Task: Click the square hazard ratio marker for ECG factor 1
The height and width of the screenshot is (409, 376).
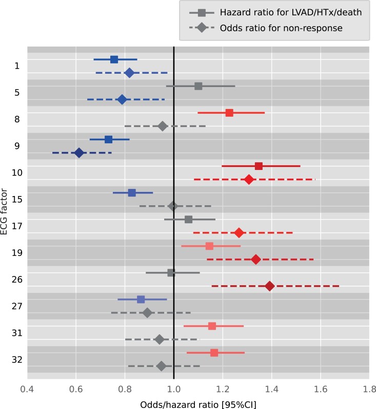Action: [114, 59]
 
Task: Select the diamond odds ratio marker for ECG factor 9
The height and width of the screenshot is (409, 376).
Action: [79, 153]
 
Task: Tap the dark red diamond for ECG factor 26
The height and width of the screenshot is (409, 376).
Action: [269, 286]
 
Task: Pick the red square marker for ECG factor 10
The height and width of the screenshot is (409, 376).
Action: [259, 166]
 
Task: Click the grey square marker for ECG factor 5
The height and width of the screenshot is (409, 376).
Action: [199, 86]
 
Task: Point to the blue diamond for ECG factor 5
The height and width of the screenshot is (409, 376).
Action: [122, 99]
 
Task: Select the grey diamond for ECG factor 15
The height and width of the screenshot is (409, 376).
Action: [173, 206]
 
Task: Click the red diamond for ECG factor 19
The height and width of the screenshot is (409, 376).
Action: [255, 259]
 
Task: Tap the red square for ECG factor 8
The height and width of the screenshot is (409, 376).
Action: [229, 113]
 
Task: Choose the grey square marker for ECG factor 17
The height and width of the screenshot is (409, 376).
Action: [188, 219]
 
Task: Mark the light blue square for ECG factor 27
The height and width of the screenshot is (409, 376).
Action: [141, 299]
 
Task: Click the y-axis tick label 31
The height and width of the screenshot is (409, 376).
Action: [17, 333]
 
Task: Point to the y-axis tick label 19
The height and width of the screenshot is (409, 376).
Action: [17, 253]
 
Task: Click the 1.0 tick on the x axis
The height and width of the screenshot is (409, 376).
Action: [174, 389]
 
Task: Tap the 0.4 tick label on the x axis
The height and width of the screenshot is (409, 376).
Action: [27, 389]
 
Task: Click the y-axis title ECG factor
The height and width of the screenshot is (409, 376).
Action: [5, 212]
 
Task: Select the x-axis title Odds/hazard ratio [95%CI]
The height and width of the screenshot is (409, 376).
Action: [198, 403]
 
